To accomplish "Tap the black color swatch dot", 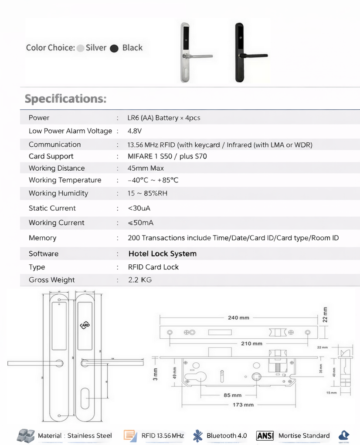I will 114,48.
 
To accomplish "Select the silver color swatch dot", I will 80,48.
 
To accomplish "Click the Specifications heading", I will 65,98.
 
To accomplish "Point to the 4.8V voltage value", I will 135,131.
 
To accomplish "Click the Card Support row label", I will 51,156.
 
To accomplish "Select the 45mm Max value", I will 146,168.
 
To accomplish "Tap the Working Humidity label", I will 58,193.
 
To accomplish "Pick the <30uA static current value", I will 139,208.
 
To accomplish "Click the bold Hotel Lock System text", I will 162,253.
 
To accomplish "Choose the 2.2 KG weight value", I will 140,280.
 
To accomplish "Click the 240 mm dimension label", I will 238,317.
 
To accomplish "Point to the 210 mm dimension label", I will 251,344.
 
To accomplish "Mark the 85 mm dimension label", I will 233,395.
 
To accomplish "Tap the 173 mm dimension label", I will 243,405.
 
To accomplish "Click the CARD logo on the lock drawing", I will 85,326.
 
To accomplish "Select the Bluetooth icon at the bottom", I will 198,435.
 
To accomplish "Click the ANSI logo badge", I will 265,435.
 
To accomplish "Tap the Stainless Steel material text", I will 89,435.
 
